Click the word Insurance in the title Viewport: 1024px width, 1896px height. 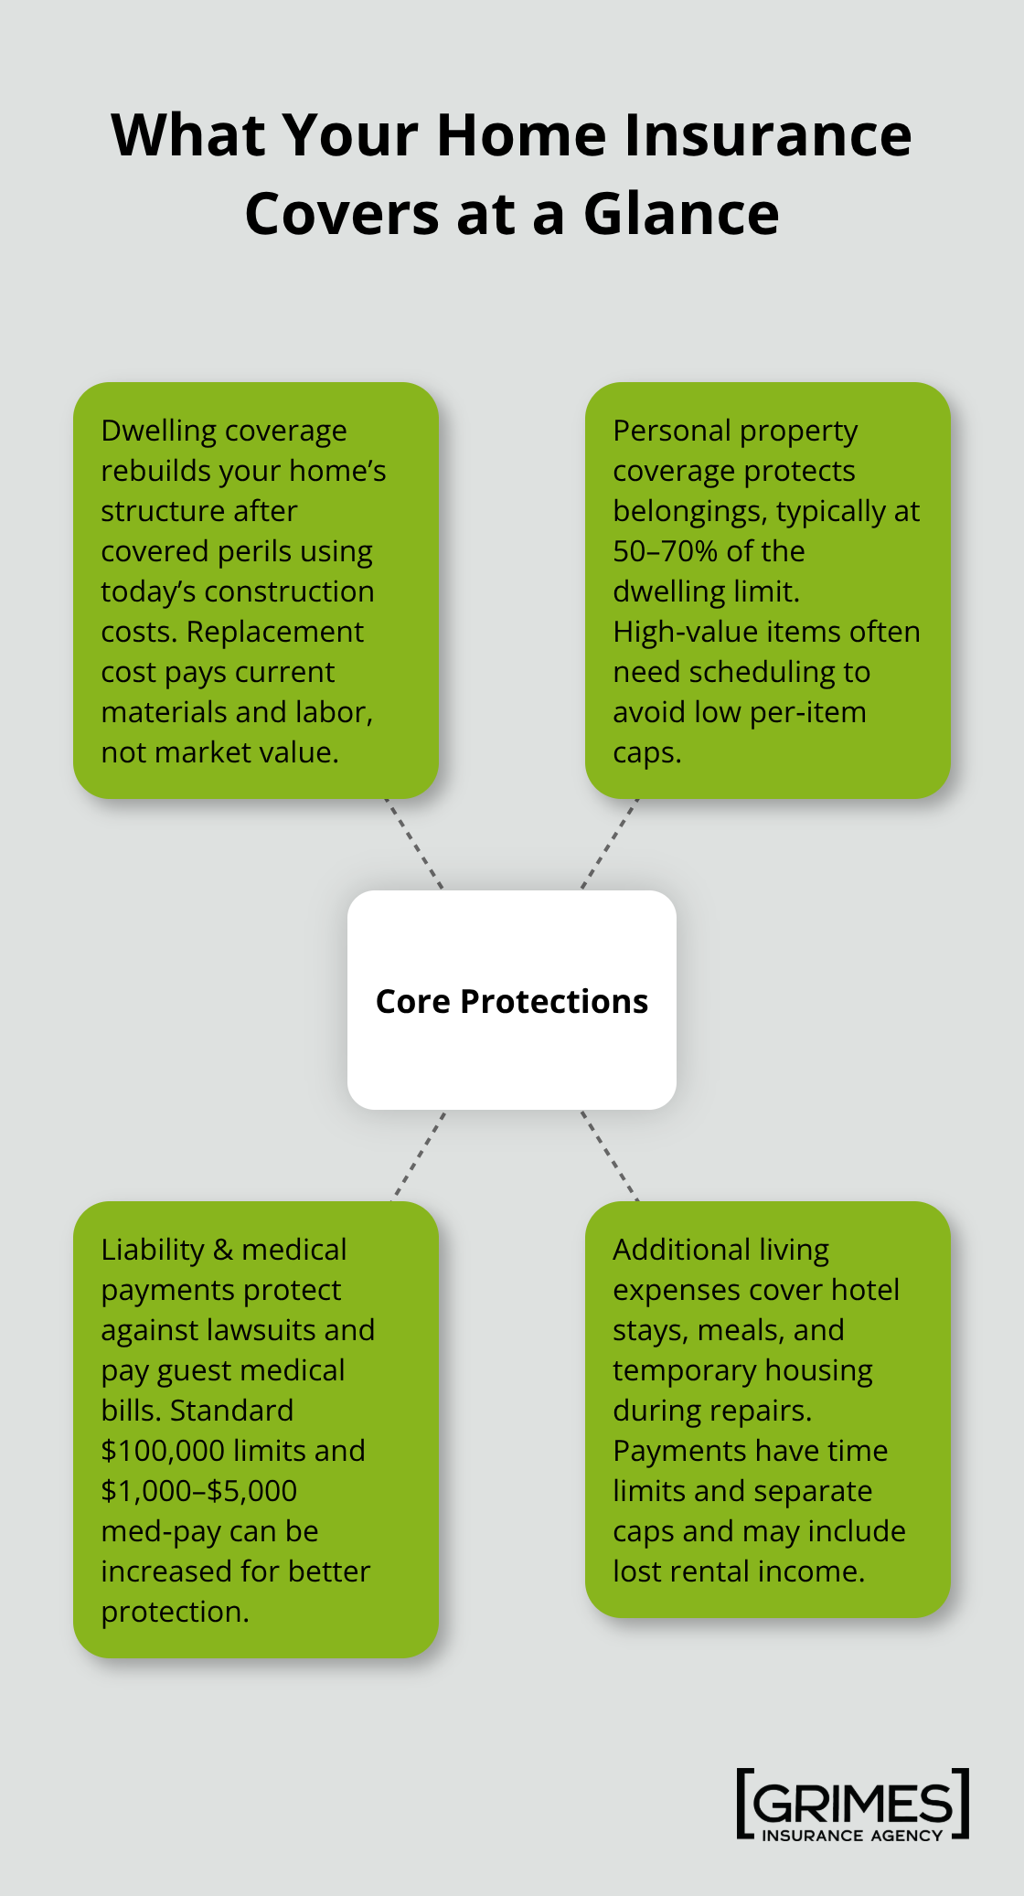pos(767,135)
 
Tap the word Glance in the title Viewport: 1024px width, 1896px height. pos(681,215)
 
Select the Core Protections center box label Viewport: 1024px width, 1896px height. pos(512,1001)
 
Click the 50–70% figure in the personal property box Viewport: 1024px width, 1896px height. pos(664,551)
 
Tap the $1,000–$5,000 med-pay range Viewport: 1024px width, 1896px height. pos(198,1491)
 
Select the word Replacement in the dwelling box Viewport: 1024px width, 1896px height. pos(274,632)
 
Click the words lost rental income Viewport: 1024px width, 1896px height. pos(738,1571)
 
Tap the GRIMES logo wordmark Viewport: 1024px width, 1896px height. pos(852,1804)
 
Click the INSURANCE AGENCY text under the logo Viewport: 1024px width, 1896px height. pos(852,1835)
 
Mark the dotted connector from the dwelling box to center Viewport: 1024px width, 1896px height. pos(413,843)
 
